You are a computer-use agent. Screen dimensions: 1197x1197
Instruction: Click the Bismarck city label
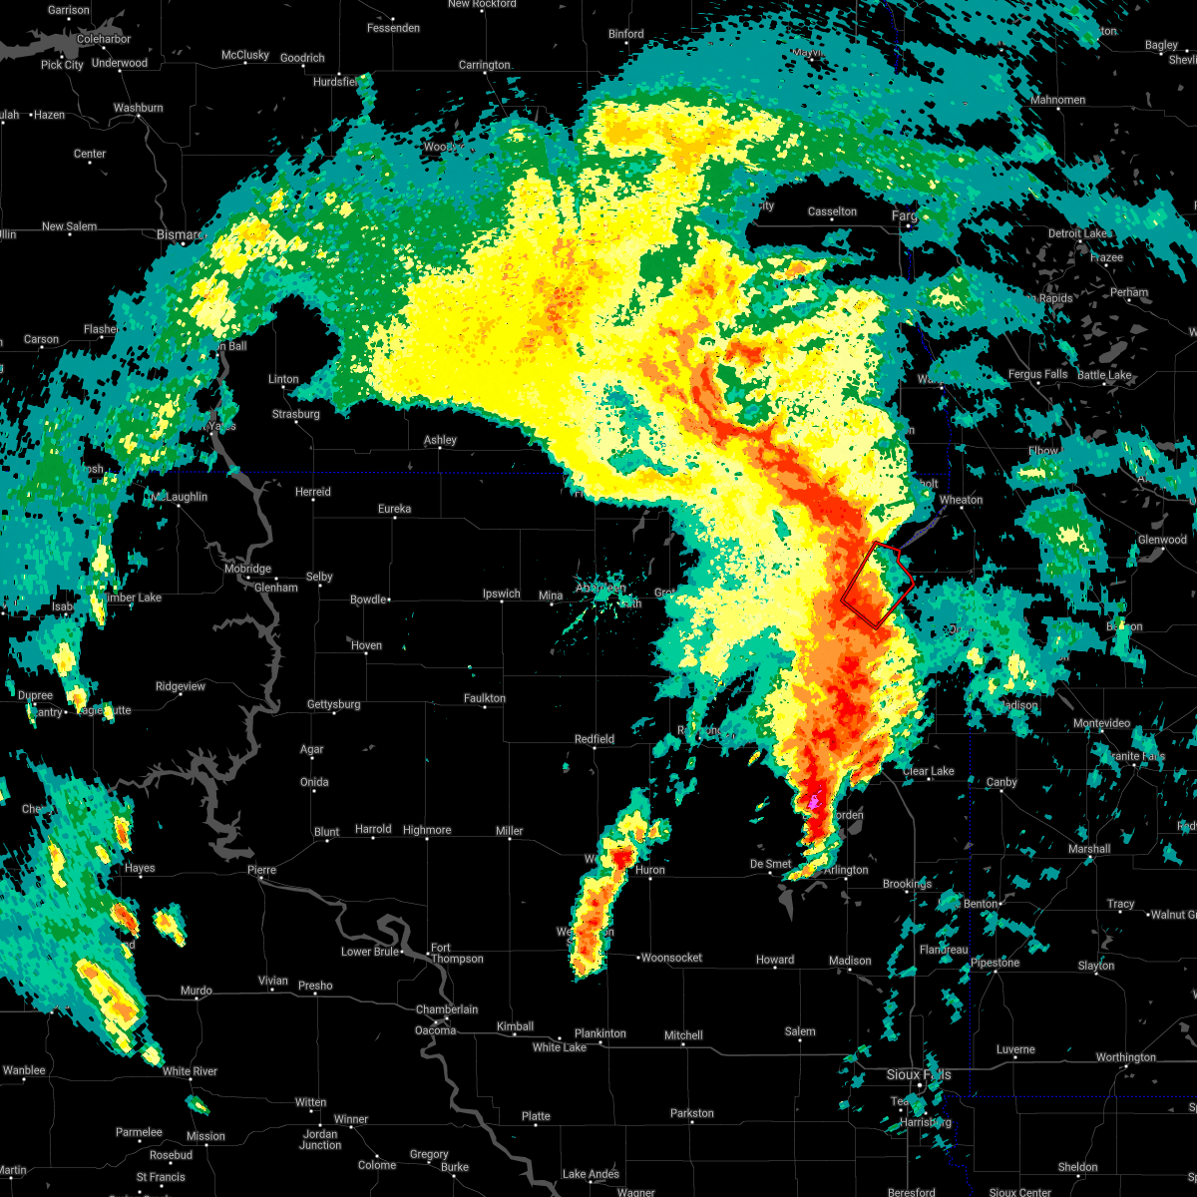click(x=180, y=234)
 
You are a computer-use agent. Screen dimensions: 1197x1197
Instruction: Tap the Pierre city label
click(x=261, y=870)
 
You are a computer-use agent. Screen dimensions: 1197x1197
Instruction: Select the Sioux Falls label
click(x=919, y=1074)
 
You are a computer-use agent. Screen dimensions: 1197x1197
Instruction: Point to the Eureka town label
click(x=394, y=509)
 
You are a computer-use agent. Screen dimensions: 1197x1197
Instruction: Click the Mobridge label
click(x=246, y=569)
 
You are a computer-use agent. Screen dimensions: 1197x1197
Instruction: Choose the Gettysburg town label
click(x=333, y=704)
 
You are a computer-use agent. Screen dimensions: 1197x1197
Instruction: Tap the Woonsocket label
click(x=671, y=958)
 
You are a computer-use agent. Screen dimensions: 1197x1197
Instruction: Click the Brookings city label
click(x=907, y=884)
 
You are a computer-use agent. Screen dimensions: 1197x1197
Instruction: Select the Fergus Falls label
click(x=1037, y=374)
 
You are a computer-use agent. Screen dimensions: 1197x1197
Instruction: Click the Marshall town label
click(x=1089, y=849)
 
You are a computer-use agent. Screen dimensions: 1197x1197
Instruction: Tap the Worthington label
click(x=1125, y=1057)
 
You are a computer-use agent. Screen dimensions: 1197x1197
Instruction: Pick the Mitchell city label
click(x=683, y=1035)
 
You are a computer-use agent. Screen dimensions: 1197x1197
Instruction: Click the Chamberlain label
click(x=447, y=1009)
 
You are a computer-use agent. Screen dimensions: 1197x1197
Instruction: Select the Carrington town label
click(x=484, y=65)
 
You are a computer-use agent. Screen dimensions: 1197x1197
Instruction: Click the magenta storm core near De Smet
click(x=814, y=802)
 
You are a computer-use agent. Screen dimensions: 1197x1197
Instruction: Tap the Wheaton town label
click(x=961, y=500)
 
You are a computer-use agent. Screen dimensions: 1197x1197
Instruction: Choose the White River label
click(x=190, y=1071)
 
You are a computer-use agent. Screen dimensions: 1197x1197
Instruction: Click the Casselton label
click(x=832, y=211)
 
